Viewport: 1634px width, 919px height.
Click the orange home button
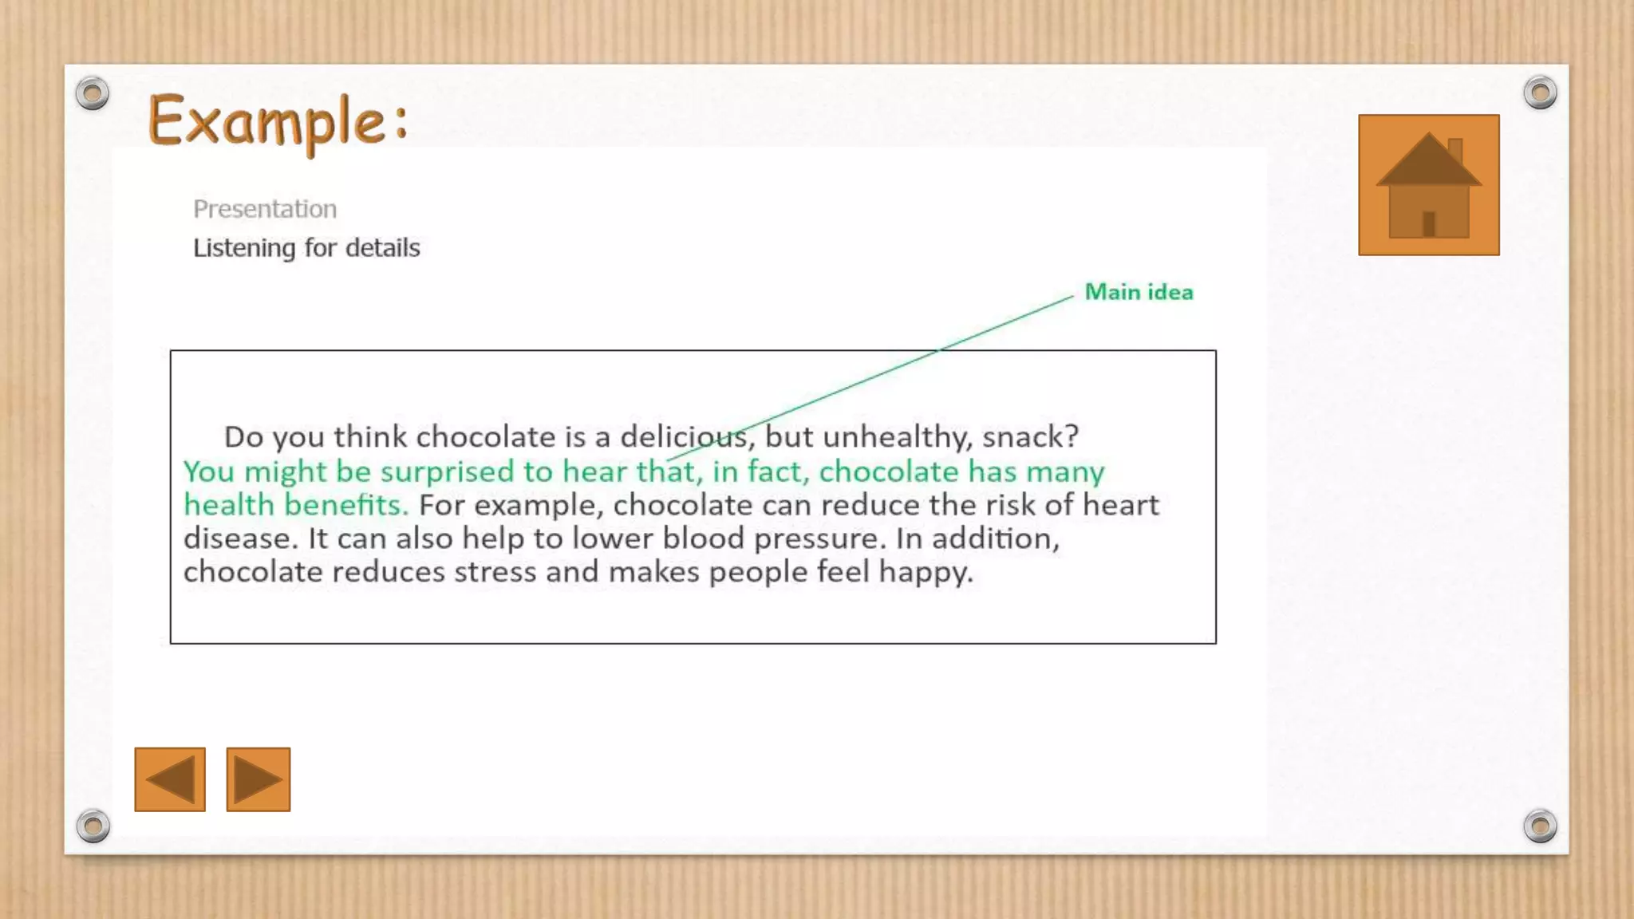click(x=1428, y=185)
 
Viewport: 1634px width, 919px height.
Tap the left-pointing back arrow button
click(x=170, y=779)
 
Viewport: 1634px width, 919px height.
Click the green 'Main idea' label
click(x=1139, y=292)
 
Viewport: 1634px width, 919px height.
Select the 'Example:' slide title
click(x=278, y=121)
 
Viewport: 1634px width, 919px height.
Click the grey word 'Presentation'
click(x=265, y=209)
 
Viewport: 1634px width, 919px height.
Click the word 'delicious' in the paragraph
click(x=684, y=436)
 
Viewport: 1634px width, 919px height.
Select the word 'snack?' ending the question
click(x=1030, y=436)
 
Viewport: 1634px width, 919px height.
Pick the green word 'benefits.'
click(x=346, y=505)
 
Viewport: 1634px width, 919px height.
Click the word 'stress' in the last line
click(x=495, y=572)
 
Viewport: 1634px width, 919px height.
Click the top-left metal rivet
click(x=93, y=93)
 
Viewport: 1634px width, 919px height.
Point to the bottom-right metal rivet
click(x=1540, y=826)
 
